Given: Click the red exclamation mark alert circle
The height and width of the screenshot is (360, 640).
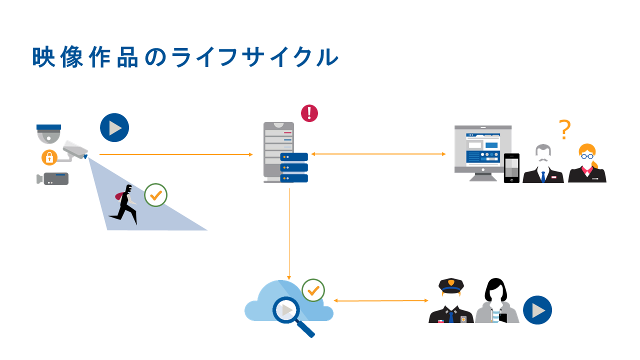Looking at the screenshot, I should (309, 113).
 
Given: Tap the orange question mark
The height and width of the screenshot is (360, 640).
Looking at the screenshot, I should (565, 129).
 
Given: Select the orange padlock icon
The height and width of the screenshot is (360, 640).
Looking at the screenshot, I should (49, 157).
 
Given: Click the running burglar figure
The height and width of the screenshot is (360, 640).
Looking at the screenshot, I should (125, 204).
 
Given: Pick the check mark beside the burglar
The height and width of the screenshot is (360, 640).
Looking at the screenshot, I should (155, 195).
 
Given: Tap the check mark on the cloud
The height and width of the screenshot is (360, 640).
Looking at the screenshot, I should (313, 290).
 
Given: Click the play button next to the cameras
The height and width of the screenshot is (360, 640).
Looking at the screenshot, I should (114, 127).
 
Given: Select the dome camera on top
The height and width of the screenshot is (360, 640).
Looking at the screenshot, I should (48, 134).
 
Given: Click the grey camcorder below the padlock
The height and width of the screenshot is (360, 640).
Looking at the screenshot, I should (53, 178).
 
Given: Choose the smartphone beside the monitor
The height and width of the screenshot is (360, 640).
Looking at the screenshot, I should (511, 168).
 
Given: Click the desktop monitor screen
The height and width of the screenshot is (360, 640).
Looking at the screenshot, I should (482, 148).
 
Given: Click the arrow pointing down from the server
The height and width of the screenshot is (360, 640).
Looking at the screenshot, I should (289, 235).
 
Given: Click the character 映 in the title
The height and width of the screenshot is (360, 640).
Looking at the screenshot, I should (43, 57).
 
